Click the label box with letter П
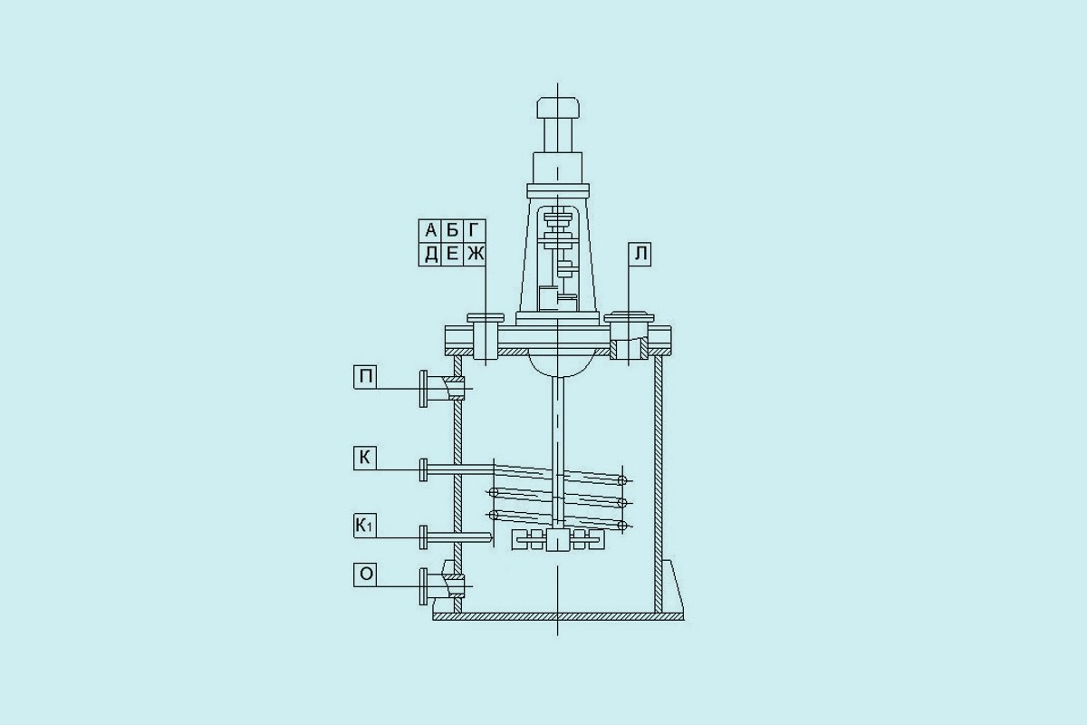coord(365,377)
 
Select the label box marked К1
coord(365,527)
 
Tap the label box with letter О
coord(365,575)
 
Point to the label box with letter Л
coord(640,254)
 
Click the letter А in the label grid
coord(430,230)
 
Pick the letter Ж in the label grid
coord(476,254)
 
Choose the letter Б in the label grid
coord(452,230)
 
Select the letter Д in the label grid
coord(430,255)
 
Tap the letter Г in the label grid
coord(474,230)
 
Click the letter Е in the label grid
coord(452,254)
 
